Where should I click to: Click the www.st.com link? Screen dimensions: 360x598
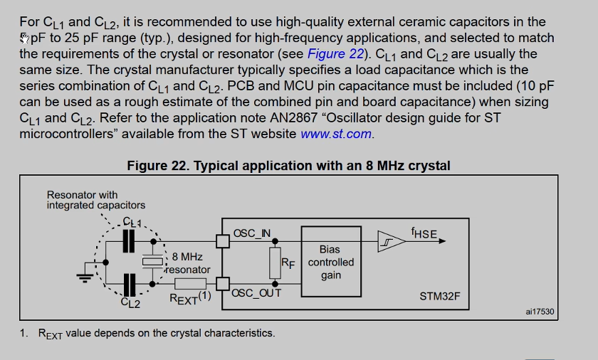click(337, 134)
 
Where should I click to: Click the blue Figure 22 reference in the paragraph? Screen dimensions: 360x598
click(335, 54)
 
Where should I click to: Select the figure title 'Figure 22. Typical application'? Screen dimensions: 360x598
click(288, 166)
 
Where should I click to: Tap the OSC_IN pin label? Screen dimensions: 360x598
click(252, 233)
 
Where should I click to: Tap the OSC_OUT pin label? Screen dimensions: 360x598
click(256, 292)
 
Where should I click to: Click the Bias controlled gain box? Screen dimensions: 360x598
click(330, 262)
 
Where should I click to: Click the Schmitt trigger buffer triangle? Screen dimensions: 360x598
click(389, 241)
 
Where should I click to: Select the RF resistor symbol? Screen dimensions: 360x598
click(275, 263)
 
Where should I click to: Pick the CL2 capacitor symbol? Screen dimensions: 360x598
click(129, 285)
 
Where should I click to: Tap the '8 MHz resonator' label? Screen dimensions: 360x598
click(187, 263)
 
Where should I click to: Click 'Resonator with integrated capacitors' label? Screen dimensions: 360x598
click(95, 200)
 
